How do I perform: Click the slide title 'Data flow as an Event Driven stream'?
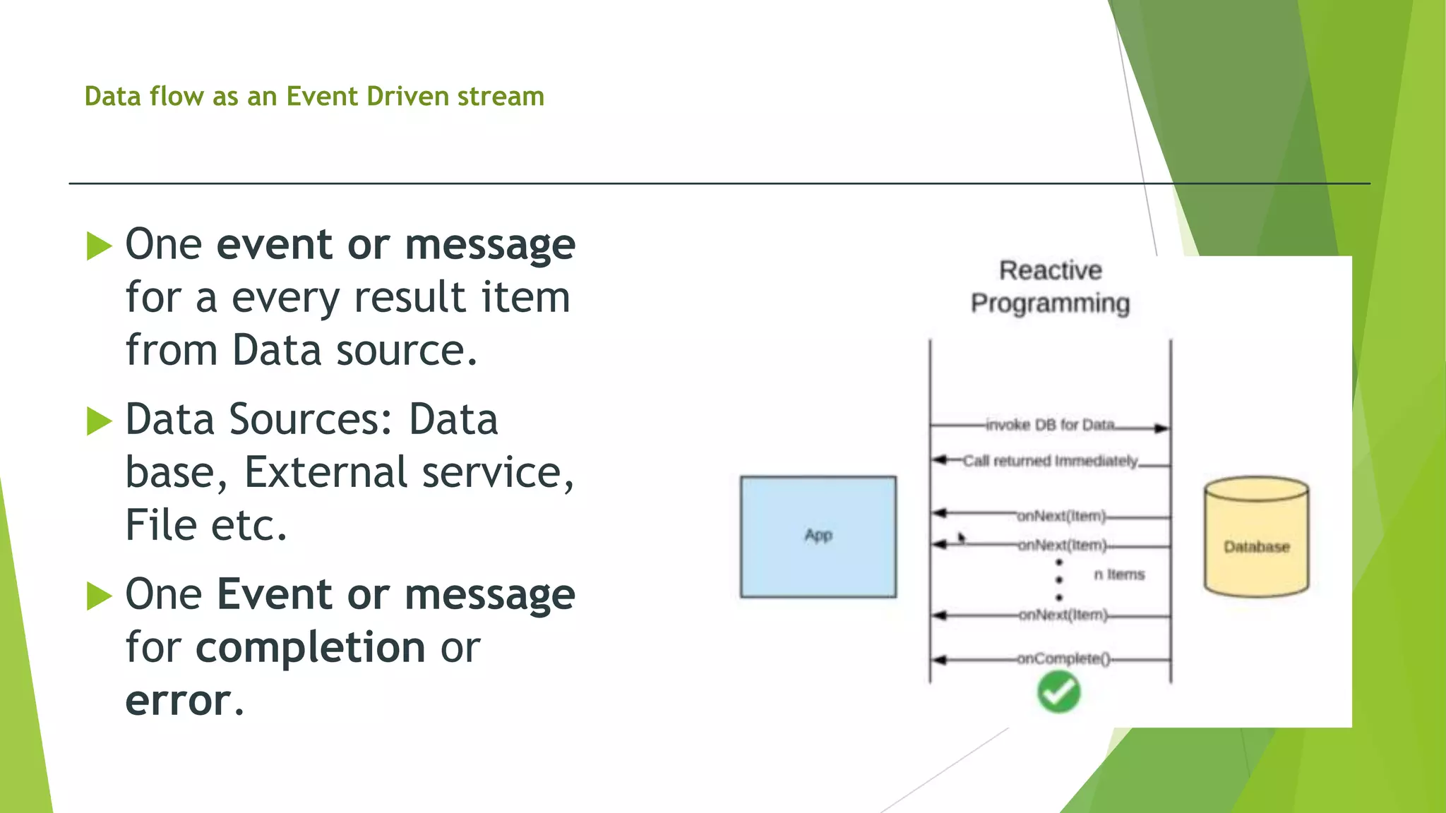point(314,96)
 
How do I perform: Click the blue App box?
point(818,536)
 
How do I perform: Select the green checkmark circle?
point(1058,692)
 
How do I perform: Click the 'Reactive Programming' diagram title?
point(1050,287)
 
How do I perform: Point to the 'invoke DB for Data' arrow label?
point(1050,425)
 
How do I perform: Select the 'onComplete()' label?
point(1063,658)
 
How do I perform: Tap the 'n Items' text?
point(1119,574)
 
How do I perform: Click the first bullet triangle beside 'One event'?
point(99,246)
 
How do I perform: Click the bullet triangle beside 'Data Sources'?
point(99,421)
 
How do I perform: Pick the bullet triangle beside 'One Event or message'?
point(99,596)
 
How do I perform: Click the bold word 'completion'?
point(310,647)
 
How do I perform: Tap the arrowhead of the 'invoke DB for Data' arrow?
point(1161,428)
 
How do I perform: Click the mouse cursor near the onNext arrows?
point(961,538)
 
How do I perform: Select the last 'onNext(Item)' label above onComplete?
point(1063,615)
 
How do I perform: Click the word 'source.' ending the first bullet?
point(407,350)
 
